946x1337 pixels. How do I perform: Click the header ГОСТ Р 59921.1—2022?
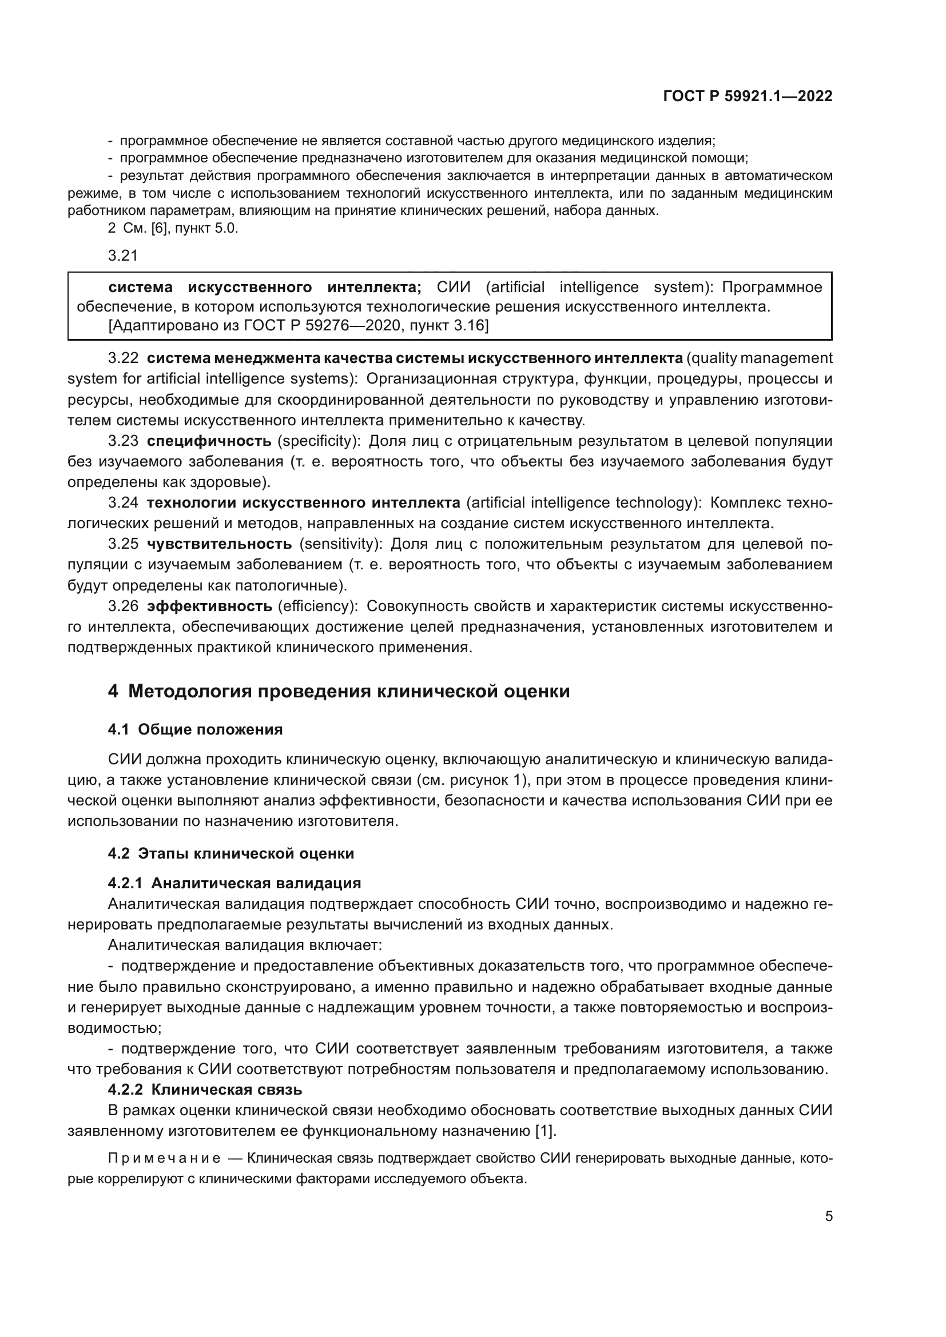pos(748,97)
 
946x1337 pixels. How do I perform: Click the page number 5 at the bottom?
pos(828,1216)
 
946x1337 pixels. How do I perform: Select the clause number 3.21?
pos(123,255)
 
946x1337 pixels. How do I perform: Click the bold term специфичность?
pos(209,441)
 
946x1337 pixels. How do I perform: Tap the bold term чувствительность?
pos(219,544)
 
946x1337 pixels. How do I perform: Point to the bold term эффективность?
pos(209,606)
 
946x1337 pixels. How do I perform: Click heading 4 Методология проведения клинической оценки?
pos(339,691)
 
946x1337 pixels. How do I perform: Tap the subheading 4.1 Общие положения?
pos(195,729)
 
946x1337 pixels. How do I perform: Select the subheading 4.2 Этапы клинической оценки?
pos(230,853)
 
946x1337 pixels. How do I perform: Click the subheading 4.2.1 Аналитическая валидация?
pos(234,883)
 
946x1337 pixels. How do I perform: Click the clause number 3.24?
pos(123,502)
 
